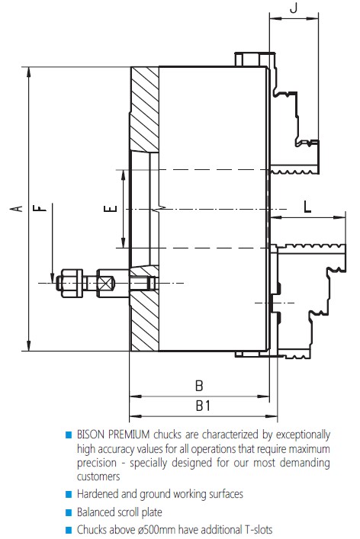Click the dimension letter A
(x=16, y=209)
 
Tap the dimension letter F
(x=39, y=208)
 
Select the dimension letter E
(x=111, y=209)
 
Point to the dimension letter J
(x=293, y=8)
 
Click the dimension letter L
(x=307, y=207)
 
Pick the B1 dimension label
(x=203, y=406)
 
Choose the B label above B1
(x=199, y=386)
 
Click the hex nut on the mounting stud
(x=71, y=283)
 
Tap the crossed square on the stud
(x=106, y=284)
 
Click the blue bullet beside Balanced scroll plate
(x=69, y=512)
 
